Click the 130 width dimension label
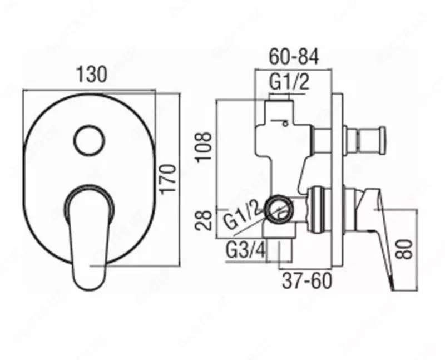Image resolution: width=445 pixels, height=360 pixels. point(92,74)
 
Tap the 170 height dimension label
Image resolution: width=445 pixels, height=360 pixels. point(168,179)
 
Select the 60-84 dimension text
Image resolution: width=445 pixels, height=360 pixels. point(294,57)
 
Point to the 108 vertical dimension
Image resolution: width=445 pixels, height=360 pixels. point(204,146)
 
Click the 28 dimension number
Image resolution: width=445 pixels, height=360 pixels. point(204,220)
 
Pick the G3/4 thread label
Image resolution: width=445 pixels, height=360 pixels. point(246,250)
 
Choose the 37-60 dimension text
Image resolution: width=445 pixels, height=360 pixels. point(307,281)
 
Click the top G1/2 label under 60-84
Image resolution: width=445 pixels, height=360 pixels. point(289,82)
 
